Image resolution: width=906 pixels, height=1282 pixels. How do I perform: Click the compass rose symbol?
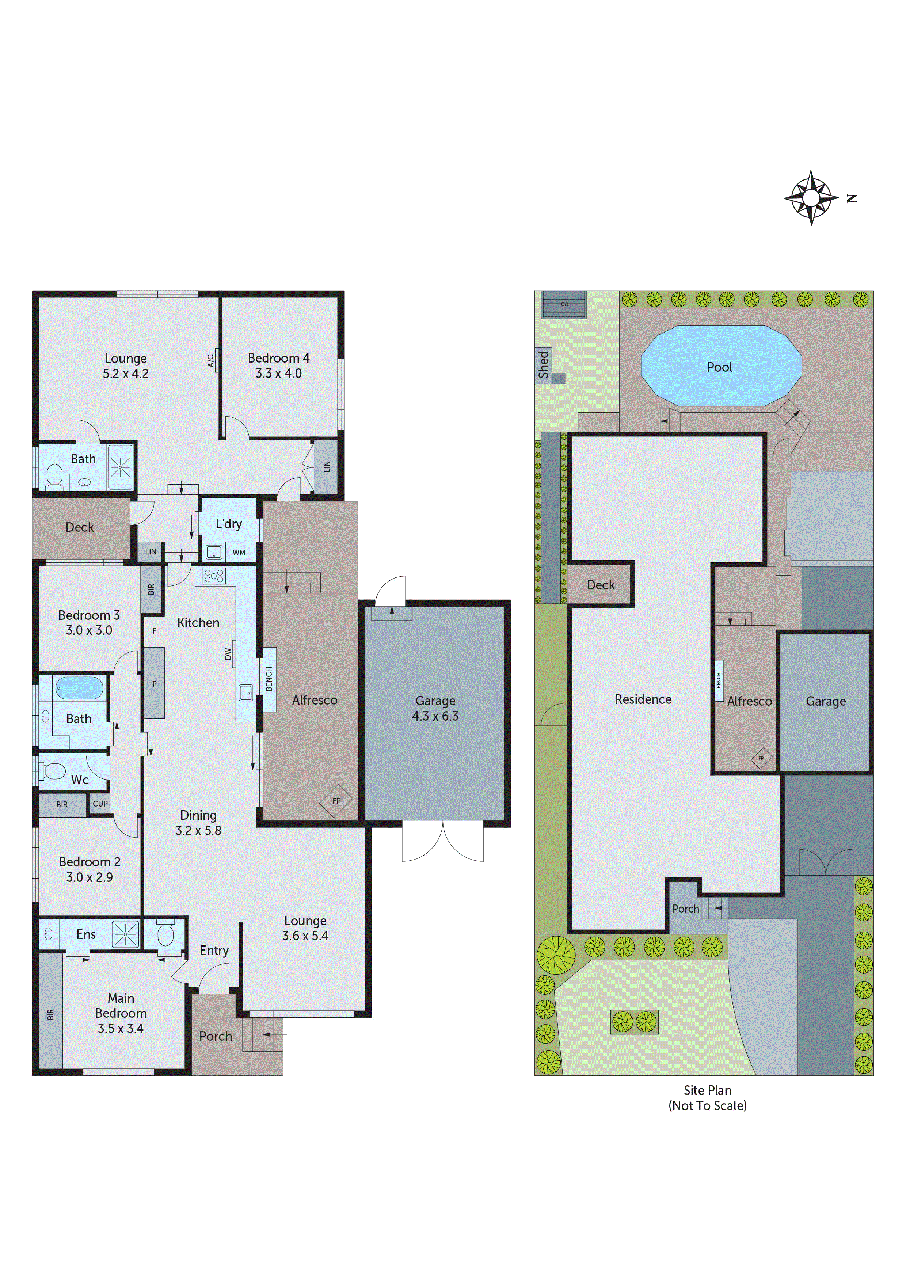coord(811,198)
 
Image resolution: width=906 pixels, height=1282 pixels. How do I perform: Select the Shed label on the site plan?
coord(543,365)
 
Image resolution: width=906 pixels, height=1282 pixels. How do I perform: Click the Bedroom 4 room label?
coord(278,358)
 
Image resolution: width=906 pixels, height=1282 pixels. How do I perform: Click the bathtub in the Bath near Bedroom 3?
coord(79,688)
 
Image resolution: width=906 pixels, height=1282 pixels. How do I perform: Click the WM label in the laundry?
coord(239,553)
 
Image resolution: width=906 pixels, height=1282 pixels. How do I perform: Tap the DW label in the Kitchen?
coord(228,653)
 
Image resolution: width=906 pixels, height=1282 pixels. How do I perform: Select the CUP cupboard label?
coord(100,804)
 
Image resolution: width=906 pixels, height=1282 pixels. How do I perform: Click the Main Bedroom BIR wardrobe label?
coord(50,1014)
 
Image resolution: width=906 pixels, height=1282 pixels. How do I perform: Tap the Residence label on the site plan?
coord(643,699)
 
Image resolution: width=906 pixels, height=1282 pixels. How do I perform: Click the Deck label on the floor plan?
coord(80,527)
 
